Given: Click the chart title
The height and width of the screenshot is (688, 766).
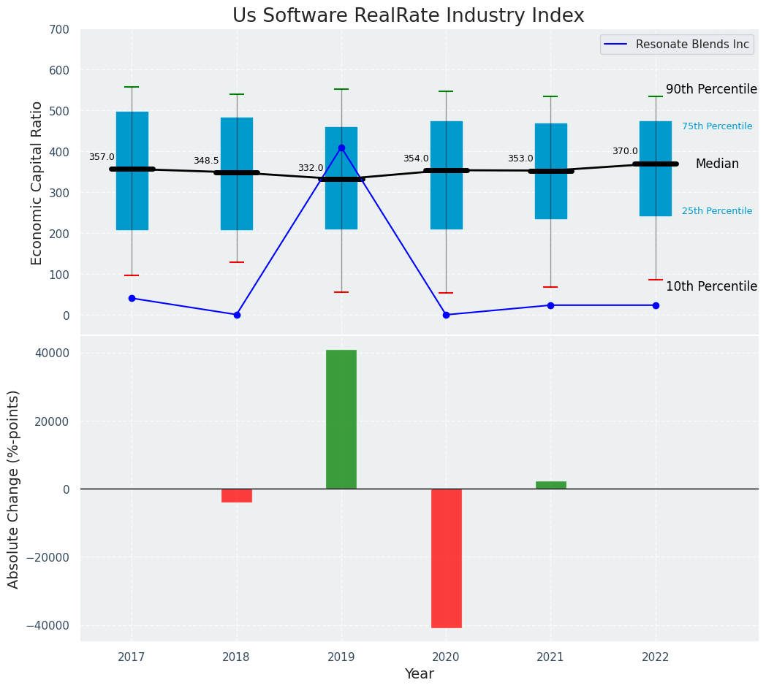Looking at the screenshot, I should [408, 16].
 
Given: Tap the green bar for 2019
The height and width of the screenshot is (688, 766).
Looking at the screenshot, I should [341, 419].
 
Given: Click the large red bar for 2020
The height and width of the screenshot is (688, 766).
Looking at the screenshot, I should [446, 558].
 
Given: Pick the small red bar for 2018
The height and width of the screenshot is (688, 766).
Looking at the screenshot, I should [237, 496].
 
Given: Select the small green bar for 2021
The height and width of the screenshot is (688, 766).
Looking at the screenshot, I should [550, 485].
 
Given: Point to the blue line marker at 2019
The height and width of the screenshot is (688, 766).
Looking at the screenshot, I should [341, 148].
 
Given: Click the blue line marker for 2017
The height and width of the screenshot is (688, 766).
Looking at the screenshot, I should [132, 298].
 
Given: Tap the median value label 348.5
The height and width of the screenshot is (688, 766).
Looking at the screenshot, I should [206, 161].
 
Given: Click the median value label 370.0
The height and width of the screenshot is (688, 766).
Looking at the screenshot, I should [625, 151].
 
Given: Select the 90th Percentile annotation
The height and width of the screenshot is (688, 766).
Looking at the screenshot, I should [711, 89].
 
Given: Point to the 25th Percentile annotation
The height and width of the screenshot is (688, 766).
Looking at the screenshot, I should [716, 211].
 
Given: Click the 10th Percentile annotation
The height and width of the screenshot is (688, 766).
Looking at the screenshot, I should [711, 286].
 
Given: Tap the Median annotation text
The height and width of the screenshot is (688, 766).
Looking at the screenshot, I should [717, 164].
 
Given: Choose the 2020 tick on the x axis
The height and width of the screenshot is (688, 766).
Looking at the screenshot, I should [446, 657].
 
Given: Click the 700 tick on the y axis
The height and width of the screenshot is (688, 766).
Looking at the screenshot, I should [58, 29].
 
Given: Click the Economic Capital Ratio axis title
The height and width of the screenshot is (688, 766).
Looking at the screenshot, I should [37, 183].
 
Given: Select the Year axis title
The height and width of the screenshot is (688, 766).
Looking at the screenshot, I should [420, 674].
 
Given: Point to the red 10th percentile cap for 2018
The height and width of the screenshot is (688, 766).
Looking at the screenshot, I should [237, 262].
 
